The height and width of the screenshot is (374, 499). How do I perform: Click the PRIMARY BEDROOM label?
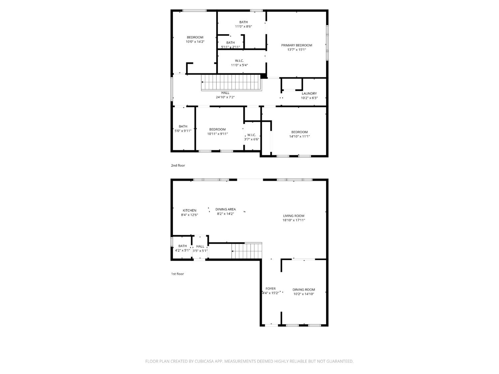point(296,45)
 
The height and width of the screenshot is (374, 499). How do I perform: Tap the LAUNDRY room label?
point(309,93)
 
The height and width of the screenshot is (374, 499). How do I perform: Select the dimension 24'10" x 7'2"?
point(225,97)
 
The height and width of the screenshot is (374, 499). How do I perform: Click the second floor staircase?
point(231,82)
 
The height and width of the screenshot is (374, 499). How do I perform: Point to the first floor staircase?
point(247,251)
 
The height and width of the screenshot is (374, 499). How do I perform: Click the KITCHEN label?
point(189,210)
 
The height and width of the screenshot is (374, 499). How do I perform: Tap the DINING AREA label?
point(225,209)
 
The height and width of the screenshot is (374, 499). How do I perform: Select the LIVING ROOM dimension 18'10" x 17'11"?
point(294,220)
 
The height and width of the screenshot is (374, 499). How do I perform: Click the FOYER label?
point(270,289)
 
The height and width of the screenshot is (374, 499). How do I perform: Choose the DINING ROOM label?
point(303,290)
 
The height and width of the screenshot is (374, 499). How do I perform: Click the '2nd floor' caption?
point(178,165)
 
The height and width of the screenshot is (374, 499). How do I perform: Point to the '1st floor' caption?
point(177,274)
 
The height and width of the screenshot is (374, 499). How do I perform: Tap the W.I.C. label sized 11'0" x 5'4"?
point(239,61)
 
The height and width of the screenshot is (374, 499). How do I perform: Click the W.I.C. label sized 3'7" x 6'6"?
point(251,135)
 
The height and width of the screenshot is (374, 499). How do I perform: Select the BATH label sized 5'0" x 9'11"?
point(183,126)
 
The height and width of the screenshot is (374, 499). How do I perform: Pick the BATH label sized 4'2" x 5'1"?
point(182,246)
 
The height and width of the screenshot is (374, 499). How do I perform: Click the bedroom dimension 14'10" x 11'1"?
point(299,136)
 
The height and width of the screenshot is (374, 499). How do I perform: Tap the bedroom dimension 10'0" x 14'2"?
point(195,42)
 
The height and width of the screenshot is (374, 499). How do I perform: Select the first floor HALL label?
point(200,246)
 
